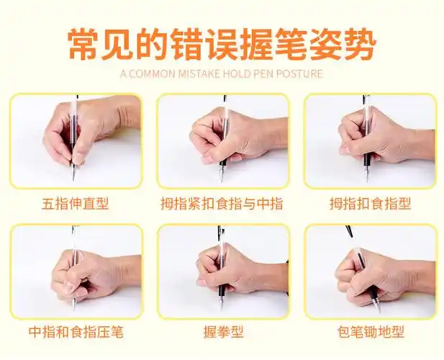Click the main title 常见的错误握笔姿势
[x=222, y=44]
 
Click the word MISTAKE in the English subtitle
[x=198, y=73]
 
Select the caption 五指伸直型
[x=76, y=204]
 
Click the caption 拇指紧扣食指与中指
[x=222, y=204]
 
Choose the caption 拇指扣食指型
[x=370, y=204]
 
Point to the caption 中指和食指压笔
[x=76, y=333]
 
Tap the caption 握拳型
[x=222, y=333]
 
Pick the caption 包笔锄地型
[x=370, y=333]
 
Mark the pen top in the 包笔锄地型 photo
[x=348, y=230]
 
